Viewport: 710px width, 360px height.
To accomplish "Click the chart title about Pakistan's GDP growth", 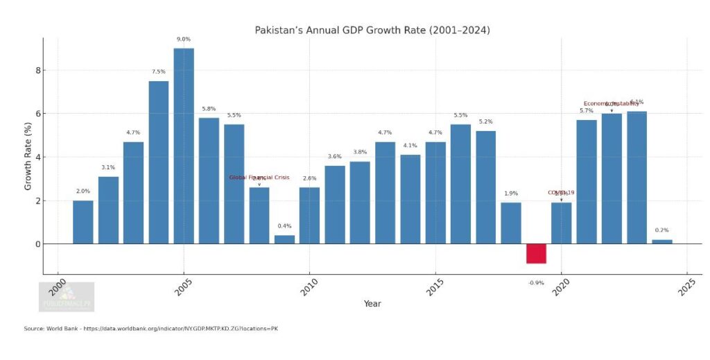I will point(372,30).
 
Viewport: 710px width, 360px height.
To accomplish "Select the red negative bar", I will point(536,254).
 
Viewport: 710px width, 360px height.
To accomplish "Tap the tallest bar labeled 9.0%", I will point(184,146).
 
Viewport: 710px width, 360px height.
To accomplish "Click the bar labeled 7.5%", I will point(158,162).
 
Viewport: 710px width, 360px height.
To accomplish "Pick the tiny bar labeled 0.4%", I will point(284,239).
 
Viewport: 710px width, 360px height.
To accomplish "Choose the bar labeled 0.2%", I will point(661,241).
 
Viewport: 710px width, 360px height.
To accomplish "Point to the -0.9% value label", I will point(536,282).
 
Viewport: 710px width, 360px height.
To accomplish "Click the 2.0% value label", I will point(83,191).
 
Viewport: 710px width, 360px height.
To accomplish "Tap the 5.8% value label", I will point(209,108).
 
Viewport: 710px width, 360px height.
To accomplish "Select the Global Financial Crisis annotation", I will point(259,178).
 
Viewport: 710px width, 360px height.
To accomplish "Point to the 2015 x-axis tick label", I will point(434,286).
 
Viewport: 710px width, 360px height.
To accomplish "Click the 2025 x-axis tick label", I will point(686,286).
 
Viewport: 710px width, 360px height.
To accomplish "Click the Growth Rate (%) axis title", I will point(28,157).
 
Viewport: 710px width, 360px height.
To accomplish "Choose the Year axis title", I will point(372,303).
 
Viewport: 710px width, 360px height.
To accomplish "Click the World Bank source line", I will point(151,328).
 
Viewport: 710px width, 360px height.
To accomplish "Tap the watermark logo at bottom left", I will point(67,296).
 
